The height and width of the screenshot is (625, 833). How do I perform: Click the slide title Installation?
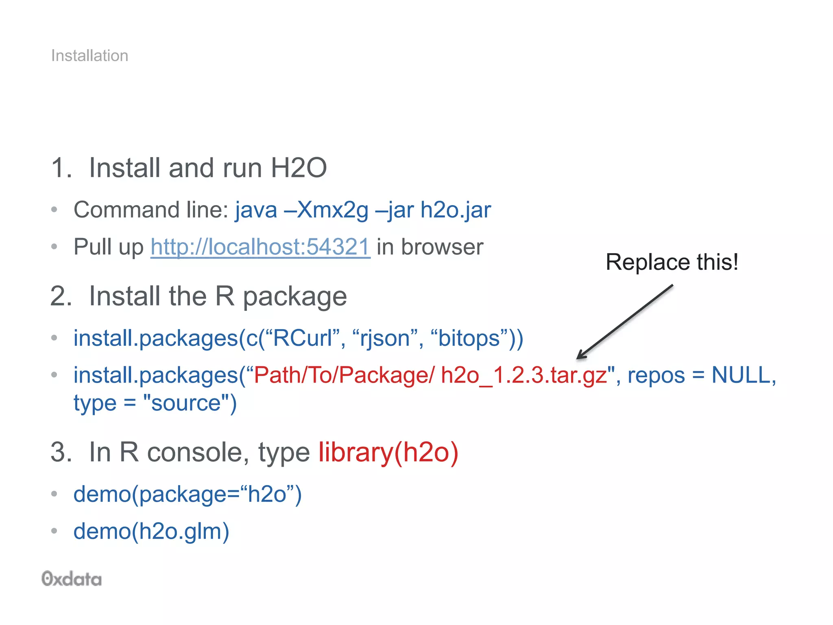(89, 56)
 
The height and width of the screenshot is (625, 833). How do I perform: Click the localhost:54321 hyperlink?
(260, 247)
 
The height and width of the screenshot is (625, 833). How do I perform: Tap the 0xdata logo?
(72, 579)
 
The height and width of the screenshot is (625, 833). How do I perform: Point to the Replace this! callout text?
(672, 262)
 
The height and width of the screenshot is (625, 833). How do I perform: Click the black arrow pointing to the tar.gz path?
(625, 322)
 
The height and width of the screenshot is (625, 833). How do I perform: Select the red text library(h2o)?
(388, 452)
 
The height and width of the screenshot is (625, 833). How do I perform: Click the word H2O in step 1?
(299, 168)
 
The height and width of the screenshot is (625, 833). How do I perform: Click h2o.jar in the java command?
(456, 210)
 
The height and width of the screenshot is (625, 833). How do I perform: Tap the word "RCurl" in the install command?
(303, 339)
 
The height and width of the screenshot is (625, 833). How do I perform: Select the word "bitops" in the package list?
(469, 339)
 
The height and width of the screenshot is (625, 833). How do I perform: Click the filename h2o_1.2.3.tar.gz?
(524, 375)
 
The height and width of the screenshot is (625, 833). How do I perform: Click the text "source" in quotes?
(186, 403)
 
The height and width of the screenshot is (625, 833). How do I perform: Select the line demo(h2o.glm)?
(151, 531)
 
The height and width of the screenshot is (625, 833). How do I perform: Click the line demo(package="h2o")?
(188, 494)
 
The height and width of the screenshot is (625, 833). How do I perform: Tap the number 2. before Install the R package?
(61, 296)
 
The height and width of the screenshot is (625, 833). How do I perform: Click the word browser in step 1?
(442, 247)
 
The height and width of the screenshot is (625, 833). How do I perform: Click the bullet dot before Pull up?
(55, 247)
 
